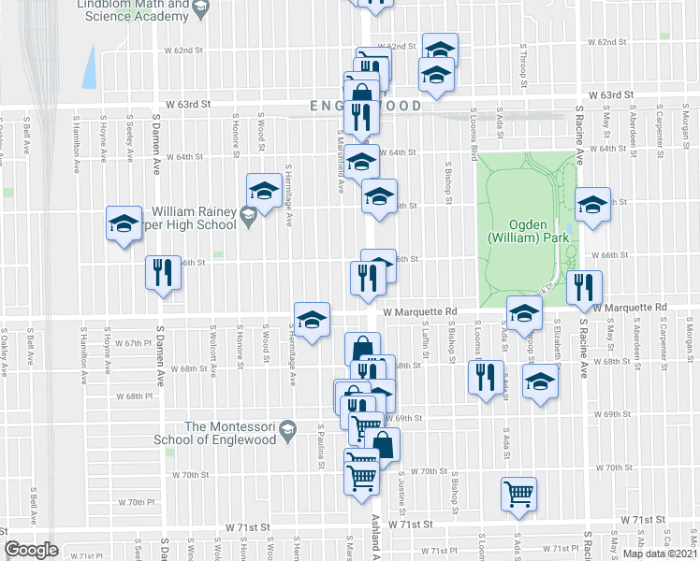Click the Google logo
pyautogui.click(x=31, y=550)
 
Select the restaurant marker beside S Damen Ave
pyautogui.click(x=163, y=273)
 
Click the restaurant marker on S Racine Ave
pyautogui.click(x=584, y=286)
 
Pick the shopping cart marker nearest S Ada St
pyautogui.click(x=518, y=494)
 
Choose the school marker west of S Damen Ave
pyautogui.click(x=124, y=223)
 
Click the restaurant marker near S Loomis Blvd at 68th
pyautogui.click(x=485, y=377)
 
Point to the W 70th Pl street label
pyautogui.click(x=135, y=502)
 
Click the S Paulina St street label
pyautogui.click(x=321, y=443)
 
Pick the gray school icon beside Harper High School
pyautogui.click(x=248, y=219)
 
